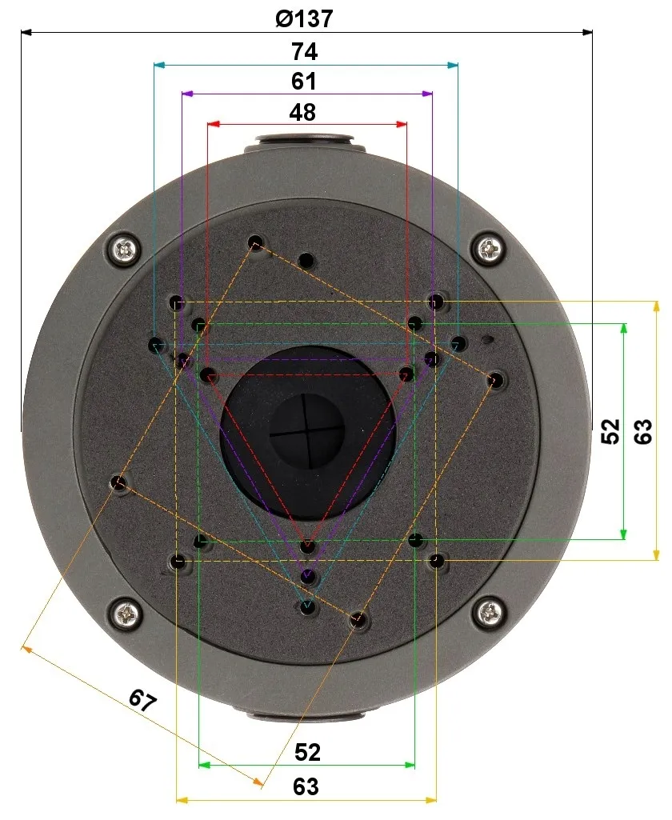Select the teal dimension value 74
point(305,51)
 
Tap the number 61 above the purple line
point(304,82)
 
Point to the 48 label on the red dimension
point(302,112)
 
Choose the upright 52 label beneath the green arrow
point(307,752)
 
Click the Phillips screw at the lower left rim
point(126,614)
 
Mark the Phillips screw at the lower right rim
point(489,614)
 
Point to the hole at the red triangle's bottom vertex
point(308,547)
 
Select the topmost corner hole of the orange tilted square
point(256,242)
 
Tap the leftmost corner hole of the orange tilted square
point(118,482)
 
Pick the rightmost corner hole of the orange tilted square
point(496,380)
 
